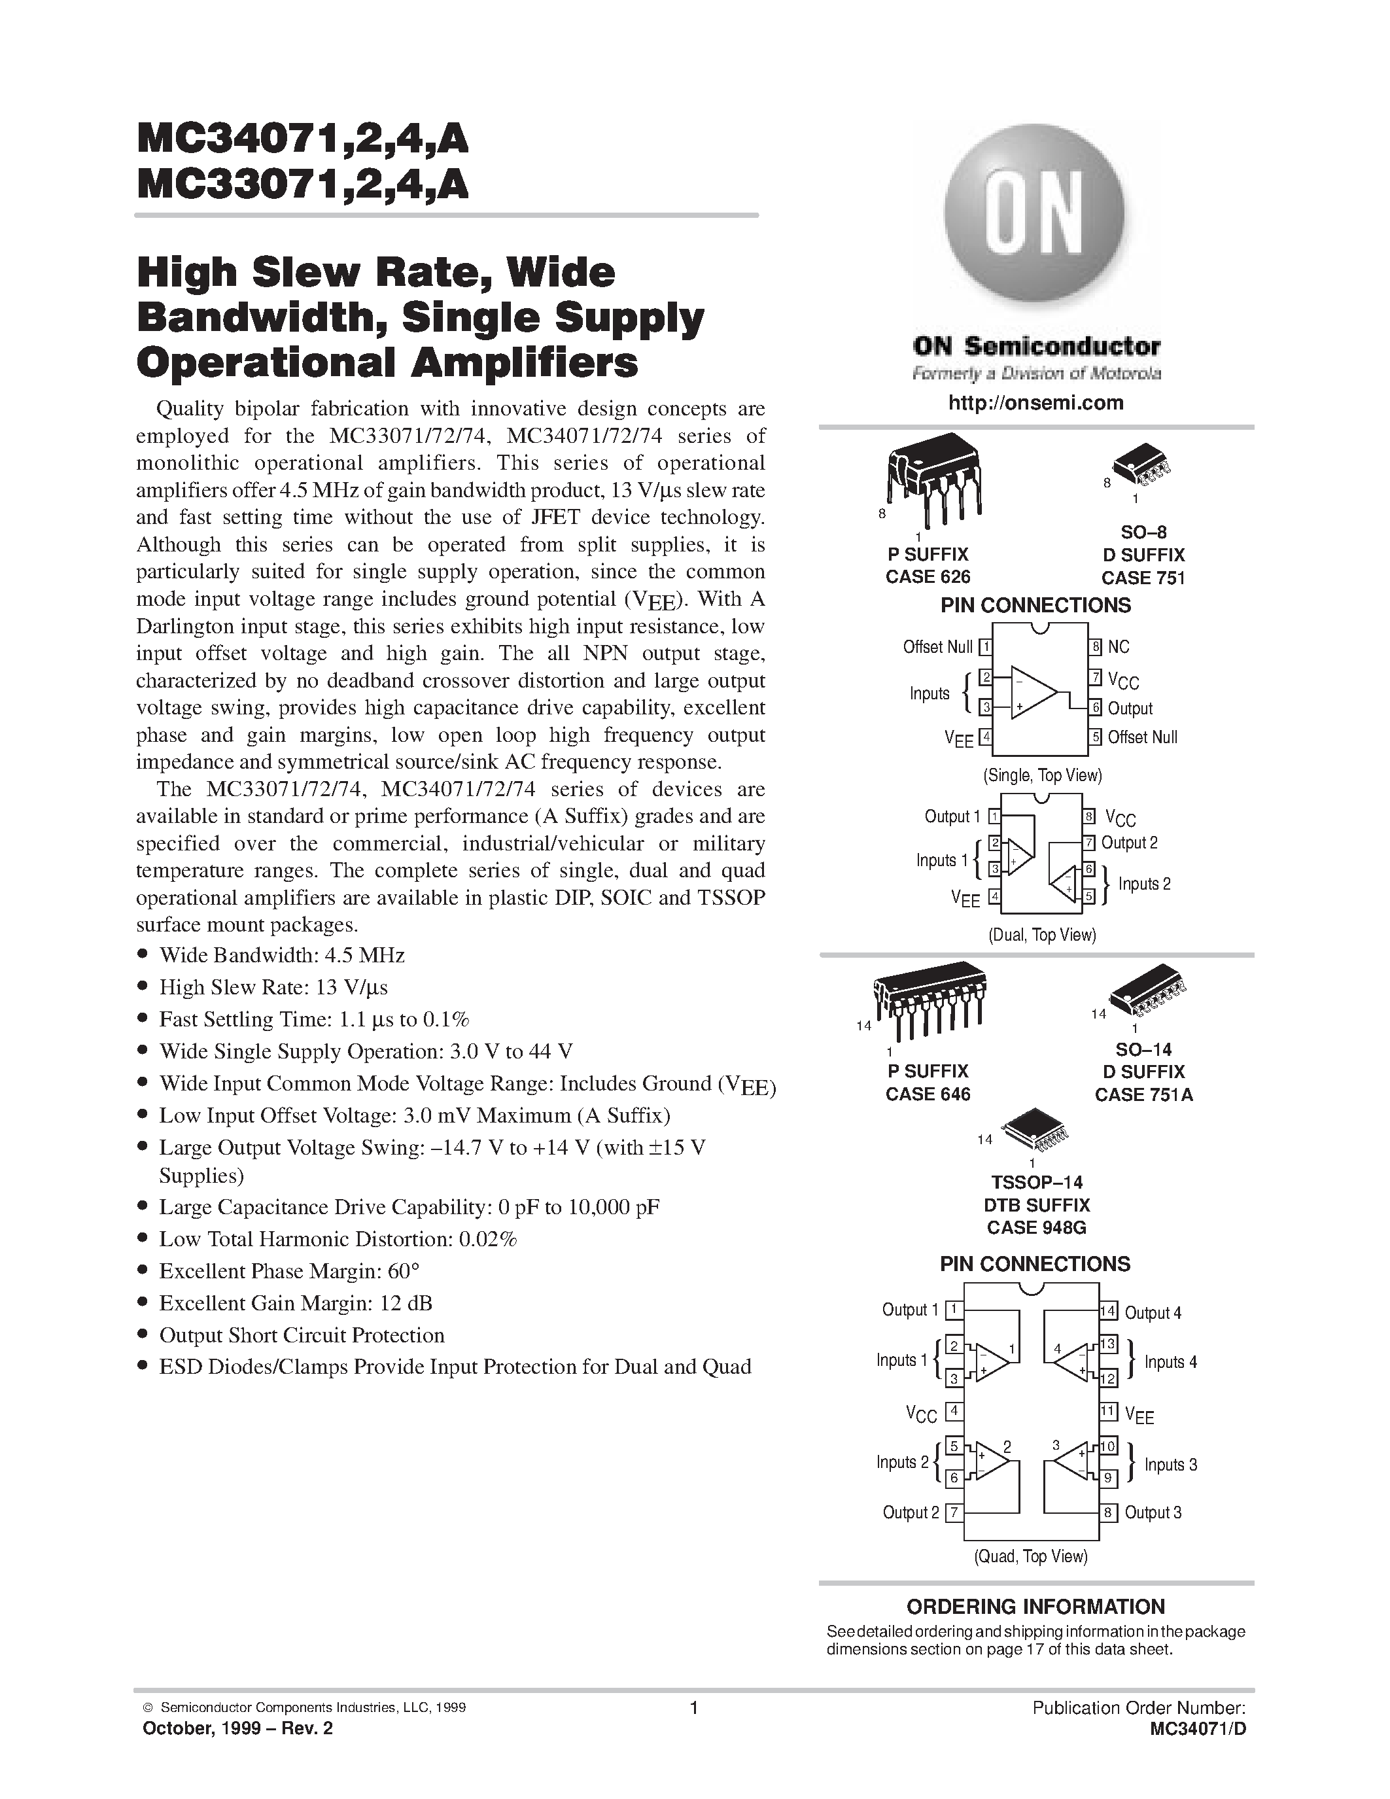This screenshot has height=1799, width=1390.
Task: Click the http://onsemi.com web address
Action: coord(1036,403)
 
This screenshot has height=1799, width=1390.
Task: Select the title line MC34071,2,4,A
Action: coord(302,140)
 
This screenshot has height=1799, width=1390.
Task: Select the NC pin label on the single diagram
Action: coord(1119,648)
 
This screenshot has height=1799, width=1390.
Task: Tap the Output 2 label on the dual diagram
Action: coord(1129,843)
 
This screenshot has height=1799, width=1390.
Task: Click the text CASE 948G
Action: coord(1036,1228)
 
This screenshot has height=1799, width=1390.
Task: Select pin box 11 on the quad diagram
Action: coord(1107,1412)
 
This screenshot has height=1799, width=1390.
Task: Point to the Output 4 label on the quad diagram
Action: coord(1152,1314)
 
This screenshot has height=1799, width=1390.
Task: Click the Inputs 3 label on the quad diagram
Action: coord(1170,1465)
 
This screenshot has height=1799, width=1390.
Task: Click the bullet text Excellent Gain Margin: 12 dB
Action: coord(295,1303)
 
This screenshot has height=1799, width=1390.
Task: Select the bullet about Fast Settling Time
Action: coord(314,1019)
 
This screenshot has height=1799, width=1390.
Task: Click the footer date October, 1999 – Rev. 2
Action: coord(238,1728)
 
